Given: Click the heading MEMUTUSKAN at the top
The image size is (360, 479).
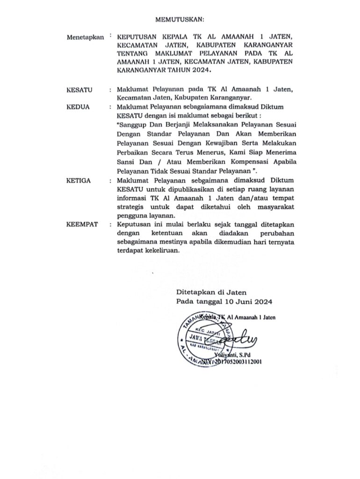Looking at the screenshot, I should click(180, 20).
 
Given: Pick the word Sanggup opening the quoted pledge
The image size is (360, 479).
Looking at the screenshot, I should click(136, 125).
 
